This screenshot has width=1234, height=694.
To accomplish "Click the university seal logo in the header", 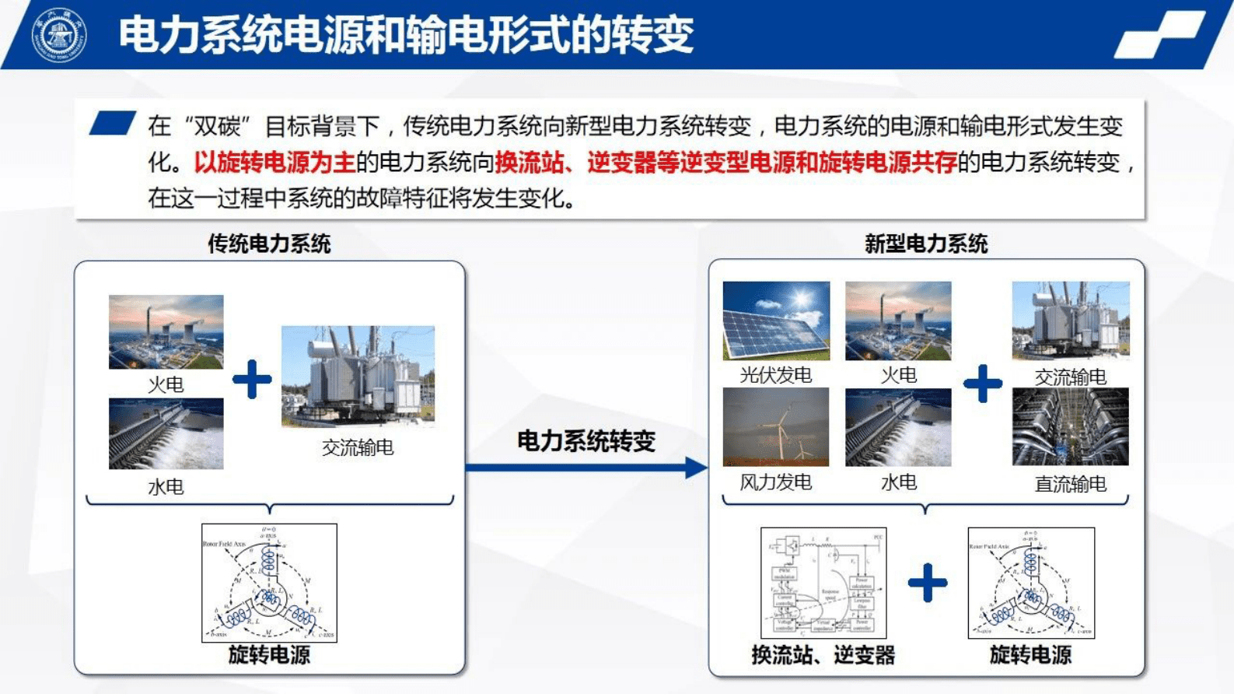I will (x=58, y=35).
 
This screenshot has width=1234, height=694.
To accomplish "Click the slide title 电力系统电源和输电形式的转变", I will (x=405, y=35).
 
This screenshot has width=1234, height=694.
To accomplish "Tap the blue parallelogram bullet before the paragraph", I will (x=112, y=124).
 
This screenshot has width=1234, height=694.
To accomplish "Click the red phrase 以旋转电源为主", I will (x=274, y=163).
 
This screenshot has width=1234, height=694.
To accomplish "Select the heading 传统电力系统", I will (x=269, y=244).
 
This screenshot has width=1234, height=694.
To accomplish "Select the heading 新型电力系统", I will (x=925, y=244).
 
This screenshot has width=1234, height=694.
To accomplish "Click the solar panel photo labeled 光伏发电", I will (x=776, y=321).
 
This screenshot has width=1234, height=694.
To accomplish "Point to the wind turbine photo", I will (x=776, y=427).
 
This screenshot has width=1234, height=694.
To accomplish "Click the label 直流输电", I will (x=1070, y=484).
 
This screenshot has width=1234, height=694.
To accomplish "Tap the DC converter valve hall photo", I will (x=1070, y=427).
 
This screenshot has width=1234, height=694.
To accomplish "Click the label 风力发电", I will (x=775, y=482).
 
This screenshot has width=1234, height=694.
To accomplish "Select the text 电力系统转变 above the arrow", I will (x=586, y=441).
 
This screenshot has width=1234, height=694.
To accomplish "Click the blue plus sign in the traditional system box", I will (x=252, y=380).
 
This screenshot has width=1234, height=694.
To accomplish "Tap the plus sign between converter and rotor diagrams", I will (x=927, y=583).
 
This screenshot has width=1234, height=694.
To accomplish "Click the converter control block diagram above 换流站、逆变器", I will (x=823, y=583).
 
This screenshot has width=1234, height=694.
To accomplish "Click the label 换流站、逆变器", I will (x=823, y=655).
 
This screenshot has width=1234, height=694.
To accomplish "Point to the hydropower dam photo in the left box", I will (x=166, y=433).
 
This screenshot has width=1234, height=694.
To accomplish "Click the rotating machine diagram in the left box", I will (x=269, y=583).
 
